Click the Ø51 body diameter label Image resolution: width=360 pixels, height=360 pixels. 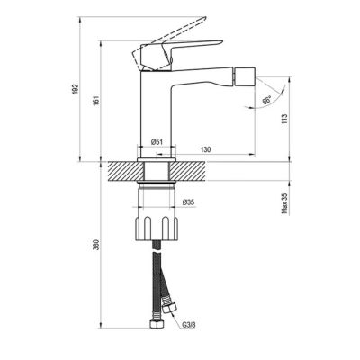click(x=157, y=143)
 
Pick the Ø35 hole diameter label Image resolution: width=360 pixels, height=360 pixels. click(x=189, y=202)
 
